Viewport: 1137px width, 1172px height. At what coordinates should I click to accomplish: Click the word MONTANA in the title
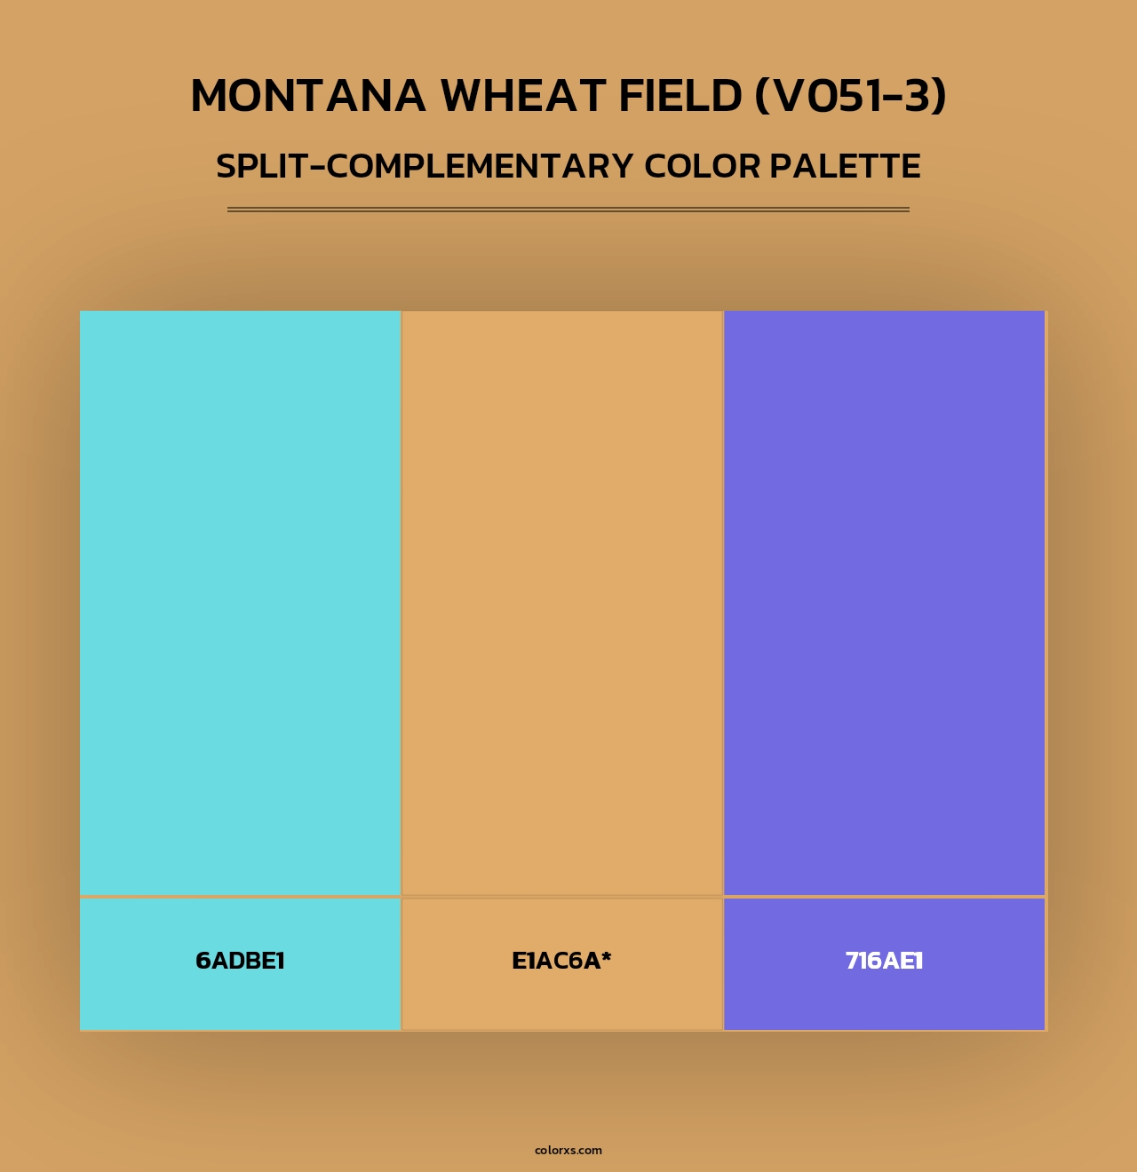[307, 96]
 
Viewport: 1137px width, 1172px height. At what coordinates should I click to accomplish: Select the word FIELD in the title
[680, 96]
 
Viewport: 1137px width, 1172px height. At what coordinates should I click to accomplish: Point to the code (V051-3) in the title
[850, 96]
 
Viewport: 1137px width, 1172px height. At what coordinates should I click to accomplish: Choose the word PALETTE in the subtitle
[845, 167]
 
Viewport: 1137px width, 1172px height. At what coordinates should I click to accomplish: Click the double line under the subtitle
[568, 210]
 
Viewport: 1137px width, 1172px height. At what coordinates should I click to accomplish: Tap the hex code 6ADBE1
[240, 961]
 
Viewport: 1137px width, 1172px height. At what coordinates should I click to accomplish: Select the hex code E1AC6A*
[561, 961]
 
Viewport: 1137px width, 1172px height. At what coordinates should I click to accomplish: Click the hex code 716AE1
[884, 961]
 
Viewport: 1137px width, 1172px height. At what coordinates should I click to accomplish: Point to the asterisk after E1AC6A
[607, 956]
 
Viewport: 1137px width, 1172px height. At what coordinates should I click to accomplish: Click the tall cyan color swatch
[240, 602]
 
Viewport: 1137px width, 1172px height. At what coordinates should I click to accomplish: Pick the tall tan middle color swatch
[562, 602]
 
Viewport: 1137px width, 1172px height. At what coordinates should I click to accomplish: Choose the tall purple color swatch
[884, 602]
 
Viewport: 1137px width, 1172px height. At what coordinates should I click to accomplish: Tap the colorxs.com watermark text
[568, 1150]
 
